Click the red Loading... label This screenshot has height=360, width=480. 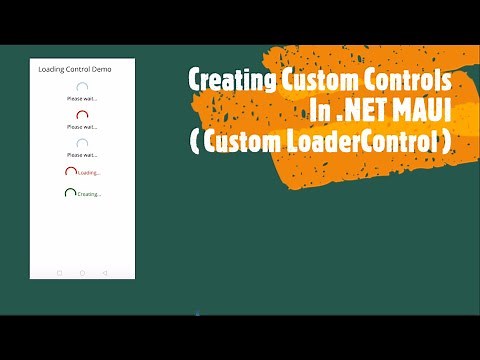pyautogui.click(x=89, y=172)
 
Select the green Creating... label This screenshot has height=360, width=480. pyautogui.click(x=89, y=193)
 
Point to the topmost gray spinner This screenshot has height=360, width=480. pyautogui.click(x=82, y=88)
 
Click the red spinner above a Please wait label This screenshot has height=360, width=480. pyautogui.click(x=82, y=116)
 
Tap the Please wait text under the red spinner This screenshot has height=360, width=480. pyautogui.click(x=82, y=127)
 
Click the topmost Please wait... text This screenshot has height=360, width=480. pyautogui.click(x=82, y=99)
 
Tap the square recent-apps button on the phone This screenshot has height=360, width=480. pyautogui.click(x=59, y=272)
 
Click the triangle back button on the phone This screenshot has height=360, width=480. pyautogui.click(x=105, y=272)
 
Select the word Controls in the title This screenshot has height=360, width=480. pyautogui.click(x=410, y=79)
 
